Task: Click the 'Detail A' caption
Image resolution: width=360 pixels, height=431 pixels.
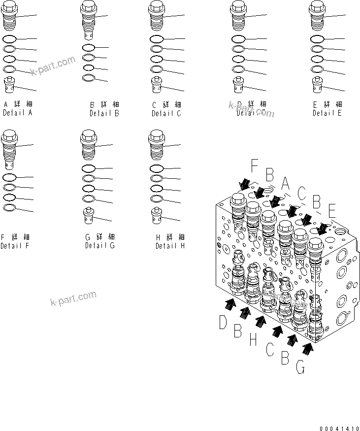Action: (17, 113)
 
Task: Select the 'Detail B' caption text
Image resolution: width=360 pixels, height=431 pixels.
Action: (104, 113)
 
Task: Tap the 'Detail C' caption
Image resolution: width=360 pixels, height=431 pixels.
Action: (166, 113)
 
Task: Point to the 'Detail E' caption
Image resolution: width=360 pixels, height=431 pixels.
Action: (327, 113)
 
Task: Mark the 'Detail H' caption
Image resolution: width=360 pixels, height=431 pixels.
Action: (170, 245)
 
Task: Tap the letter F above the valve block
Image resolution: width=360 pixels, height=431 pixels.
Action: (254, 165)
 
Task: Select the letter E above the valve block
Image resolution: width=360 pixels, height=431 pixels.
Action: (331, 211)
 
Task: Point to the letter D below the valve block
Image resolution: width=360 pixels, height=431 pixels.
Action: (224, 323)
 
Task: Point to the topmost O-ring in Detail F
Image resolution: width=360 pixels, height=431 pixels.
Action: (10, 177)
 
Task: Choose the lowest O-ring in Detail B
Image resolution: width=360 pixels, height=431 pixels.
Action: (88, 78)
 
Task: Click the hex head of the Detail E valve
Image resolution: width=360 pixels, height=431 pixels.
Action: (317, 7)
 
